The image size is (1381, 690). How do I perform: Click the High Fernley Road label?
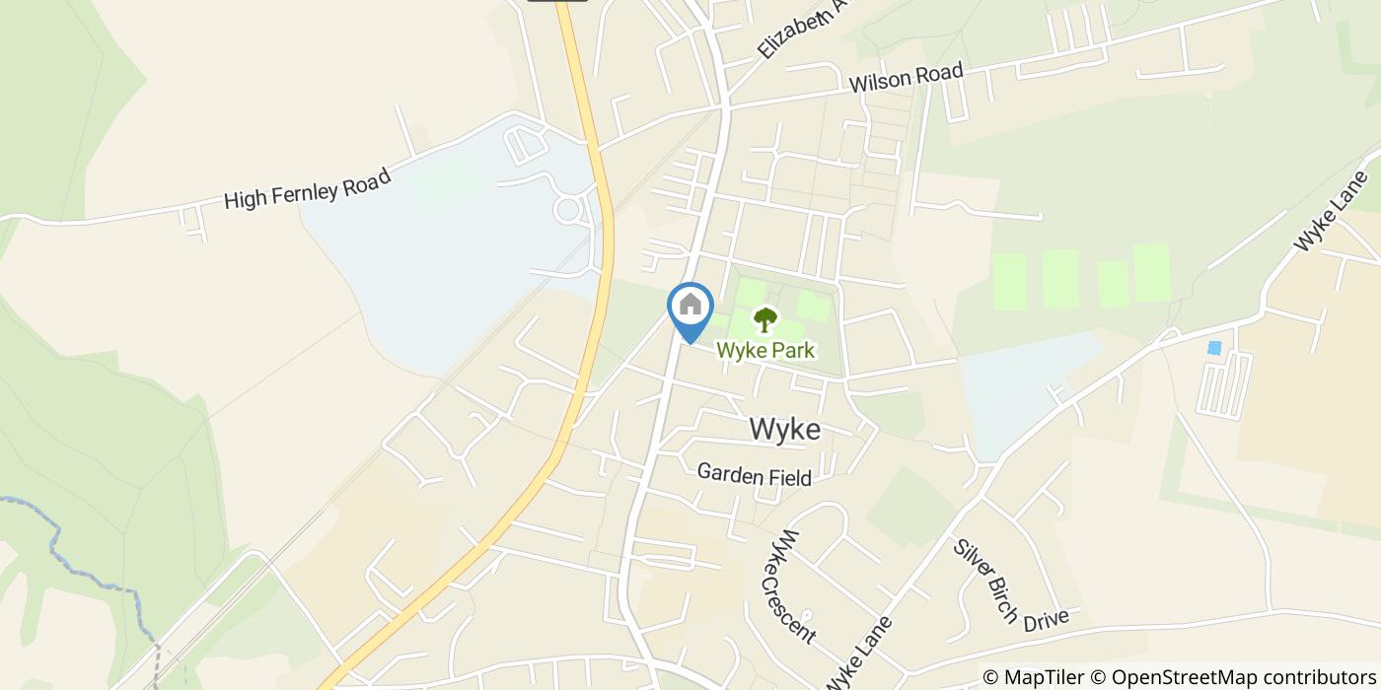308,187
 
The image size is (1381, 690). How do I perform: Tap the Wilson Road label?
906,77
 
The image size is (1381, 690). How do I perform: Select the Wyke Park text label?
765,350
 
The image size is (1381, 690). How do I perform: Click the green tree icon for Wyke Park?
764,319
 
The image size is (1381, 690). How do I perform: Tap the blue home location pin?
690,309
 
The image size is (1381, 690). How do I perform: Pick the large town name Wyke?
784,430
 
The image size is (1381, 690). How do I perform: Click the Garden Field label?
754,475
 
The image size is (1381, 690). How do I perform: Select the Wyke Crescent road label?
794,586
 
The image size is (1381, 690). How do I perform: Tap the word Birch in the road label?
998,599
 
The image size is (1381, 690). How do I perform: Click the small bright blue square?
1214,348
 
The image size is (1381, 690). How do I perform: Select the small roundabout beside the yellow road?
568,209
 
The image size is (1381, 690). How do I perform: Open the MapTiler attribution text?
1034,676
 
